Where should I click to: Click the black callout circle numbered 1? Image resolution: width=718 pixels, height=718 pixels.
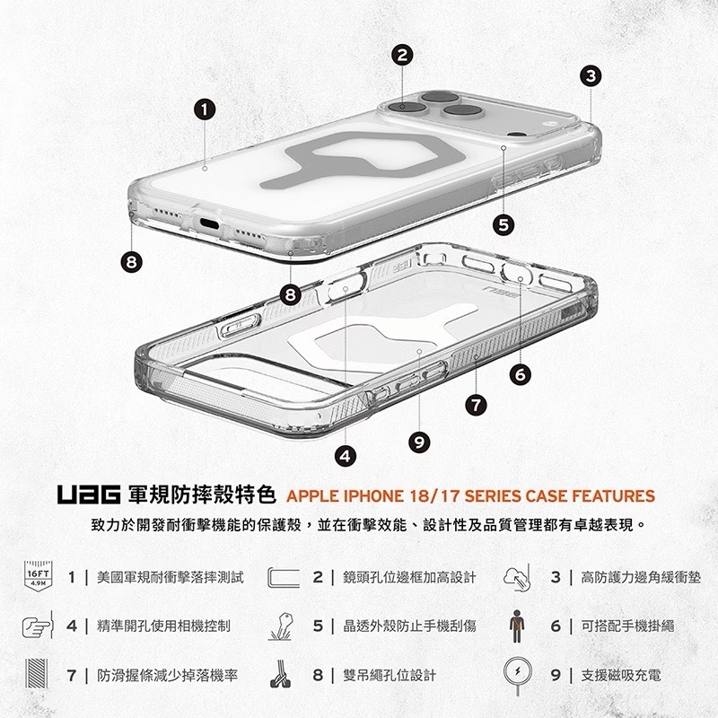pos(205,109)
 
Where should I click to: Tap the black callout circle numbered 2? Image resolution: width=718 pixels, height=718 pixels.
pos(402,55)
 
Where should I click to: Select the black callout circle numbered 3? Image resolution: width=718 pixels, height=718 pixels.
pos(591,76)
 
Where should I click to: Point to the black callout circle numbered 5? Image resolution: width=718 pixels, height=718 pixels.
pos(503,225)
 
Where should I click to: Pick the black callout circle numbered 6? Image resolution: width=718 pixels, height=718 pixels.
pos(521,375)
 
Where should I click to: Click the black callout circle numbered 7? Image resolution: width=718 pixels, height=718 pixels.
pos(477,406)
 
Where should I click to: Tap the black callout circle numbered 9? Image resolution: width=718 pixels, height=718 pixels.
pos(419,442)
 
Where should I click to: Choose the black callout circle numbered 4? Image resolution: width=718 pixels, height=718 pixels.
pos(346,456)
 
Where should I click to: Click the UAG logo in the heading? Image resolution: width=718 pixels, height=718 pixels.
pos(89,495)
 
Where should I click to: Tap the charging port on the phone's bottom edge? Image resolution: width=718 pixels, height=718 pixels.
pos(209,223)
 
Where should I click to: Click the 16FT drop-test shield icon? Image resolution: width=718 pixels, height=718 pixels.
pos(38,575)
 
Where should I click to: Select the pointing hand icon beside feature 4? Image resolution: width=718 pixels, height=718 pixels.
pos(38,626)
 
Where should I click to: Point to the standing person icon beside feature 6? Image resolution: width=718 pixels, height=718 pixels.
pos(517,626)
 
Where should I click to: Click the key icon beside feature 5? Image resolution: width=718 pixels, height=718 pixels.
pos(280,626)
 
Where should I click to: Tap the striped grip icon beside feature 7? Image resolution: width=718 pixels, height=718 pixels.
pos(37,673)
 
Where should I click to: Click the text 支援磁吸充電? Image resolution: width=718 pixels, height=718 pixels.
pos(621,675)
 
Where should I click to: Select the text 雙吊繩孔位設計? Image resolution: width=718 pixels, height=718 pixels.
pos(390,675)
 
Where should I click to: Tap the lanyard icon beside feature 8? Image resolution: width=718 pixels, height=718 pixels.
pos(280,674)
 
